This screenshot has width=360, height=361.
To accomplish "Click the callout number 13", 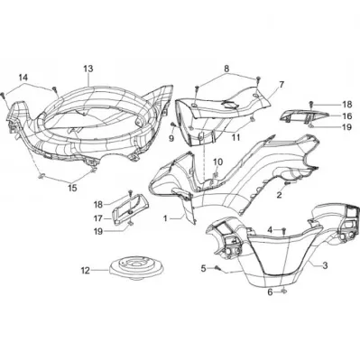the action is point(88,69).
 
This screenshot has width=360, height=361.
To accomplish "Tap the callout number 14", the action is point(23,78).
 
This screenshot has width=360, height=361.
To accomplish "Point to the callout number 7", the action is point(282,85).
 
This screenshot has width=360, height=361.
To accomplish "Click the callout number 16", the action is point(346,116).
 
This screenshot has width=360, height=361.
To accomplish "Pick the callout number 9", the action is point(171,138).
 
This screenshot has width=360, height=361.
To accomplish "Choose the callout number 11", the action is point(236,137).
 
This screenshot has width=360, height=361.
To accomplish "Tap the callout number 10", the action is point(218,162).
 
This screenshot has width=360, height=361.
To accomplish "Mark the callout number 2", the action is point(279,195).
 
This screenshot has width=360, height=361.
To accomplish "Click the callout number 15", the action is point(72,188).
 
